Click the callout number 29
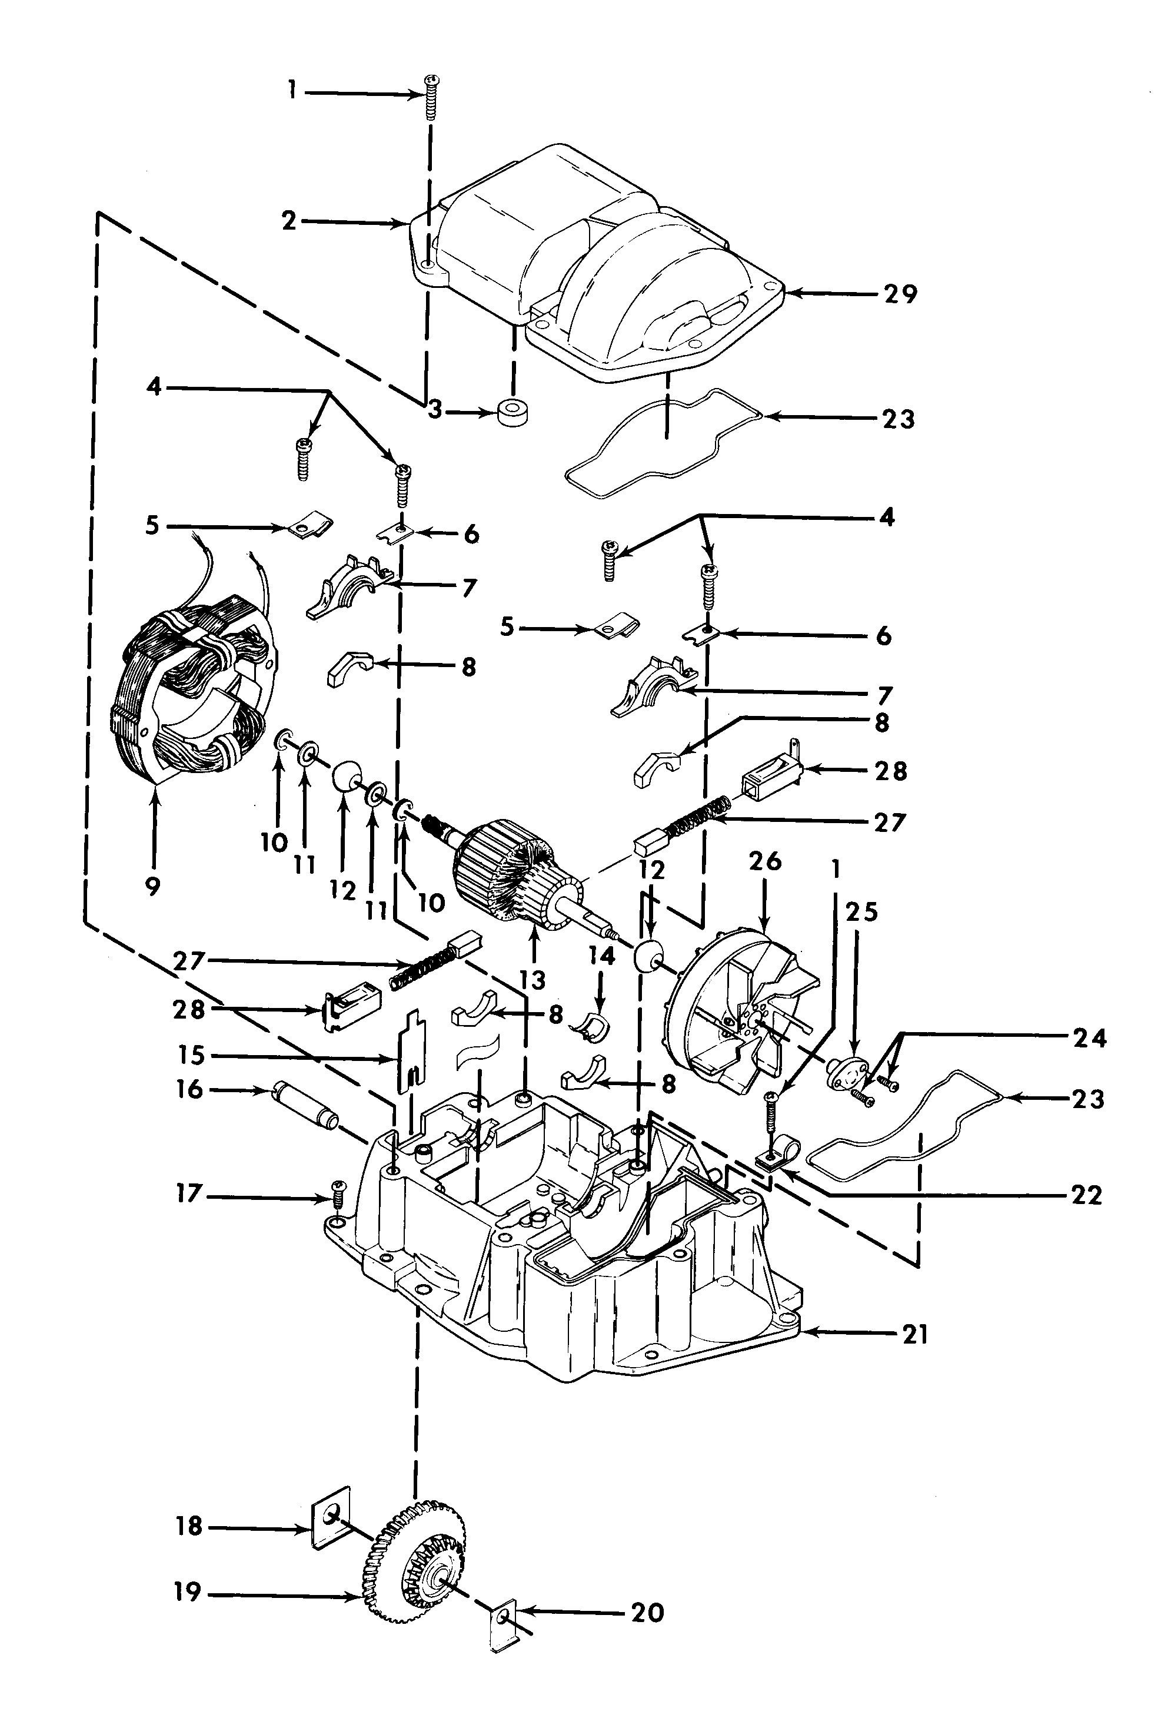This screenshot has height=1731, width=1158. click(900, 294)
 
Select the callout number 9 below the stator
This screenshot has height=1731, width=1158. click(153, 886)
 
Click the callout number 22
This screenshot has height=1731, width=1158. click(1086, 1195)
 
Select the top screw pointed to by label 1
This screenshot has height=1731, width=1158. click(430, 98)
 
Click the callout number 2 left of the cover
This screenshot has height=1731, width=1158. click(289, 220)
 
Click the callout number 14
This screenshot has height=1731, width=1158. click(602, 956)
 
